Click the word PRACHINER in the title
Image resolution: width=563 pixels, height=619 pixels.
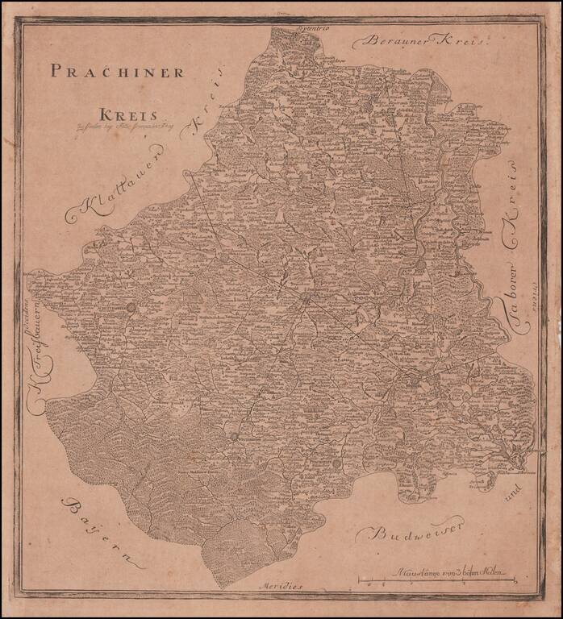pos(117,72)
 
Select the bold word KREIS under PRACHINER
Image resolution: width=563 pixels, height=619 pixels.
pos(129,114)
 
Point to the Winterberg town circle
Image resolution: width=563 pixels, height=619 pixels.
pos(235,436)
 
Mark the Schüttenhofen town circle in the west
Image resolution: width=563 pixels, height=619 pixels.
pos(131,306)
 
